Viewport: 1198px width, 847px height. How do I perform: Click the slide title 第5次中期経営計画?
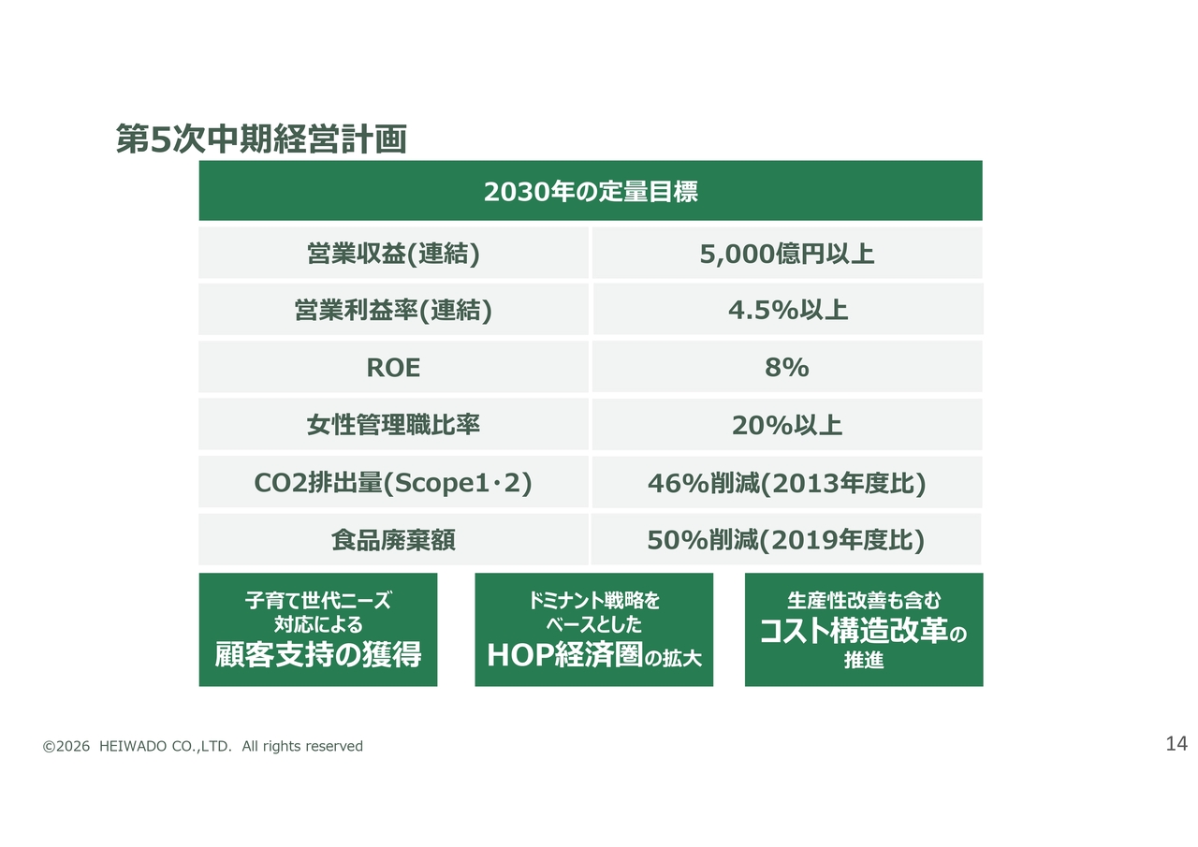point(261,139)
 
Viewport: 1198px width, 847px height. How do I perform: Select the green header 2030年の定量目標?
point(591,191)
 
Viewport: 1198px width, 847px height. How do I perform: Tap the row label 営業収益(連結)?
point(393,254)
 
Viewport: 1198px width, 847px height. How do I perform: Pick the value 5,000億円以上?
point(787,254)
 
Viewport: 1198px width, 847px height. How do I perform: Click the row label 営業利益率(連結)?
point(393,310)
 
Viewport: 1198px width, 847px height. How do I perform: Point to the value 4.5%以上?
point(788,310)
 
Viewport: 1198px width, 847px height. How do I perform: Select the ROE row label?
point(393,368)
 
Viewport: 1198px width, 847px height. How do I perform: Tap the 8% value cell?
point(787,368)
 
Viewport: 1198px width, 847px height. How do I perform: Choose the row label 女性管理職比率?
point(393,425)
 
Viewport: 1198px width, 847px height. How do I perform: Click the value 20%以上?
point(787,425)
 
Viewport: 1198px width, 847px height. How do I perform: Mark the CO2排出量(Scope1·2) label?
point(393,482)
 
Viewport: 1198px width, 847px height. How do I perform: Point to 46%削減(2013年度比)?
point(787,483)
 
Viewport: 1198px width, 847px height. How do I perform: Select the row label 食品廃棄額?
point(393,539)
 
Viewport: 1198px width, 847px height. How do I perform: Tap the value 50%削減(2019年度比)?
point(786,539)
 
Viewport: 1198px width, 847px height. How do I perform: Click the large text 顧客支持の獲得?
point(318,654)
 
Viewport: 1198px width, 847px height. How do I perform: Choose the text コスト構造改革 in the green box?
point(854,631)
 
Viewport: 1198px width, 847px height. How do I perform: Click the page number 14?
point(1176,744)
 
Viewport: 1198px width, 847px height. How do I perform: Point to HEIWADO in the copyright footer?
point(133,746)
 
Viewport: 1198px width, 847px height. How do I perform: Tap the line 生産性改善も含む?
point(864,601)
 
